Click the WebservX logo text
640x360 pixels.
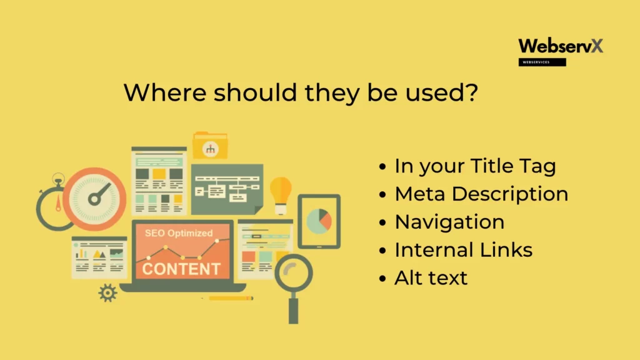click(561, 46)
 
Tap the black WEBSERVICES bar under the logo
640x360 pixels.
click(542, 62)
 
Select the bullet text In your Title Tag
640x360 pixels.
click(475, 166)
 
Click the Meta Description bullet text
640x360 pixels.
click(481, 194)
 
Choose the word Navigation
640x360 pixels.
click(449, 222)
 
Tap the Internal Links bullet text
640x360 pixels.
click(463, 250)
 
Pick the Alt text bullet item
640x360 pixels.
click(431, 278)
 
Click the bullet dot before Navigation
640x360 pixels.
click(382, 222)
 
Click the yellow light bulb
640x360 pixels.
click(281, 195)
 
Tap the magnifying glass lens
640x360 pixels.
click(294, 273)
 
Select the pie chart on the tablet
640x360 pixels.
click(319, 221)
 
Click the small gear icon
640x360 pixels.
click(107, 292)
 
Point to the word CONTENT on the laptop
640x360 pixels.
click(181, 269)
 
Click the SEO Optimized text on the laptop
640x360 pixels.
click(179, 233)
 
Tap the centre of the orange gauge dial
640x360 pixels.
click(95, 199)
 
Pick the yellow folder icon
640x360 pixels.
click(210, 145)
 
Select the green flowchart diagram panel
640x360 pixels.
click(227, 189)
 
